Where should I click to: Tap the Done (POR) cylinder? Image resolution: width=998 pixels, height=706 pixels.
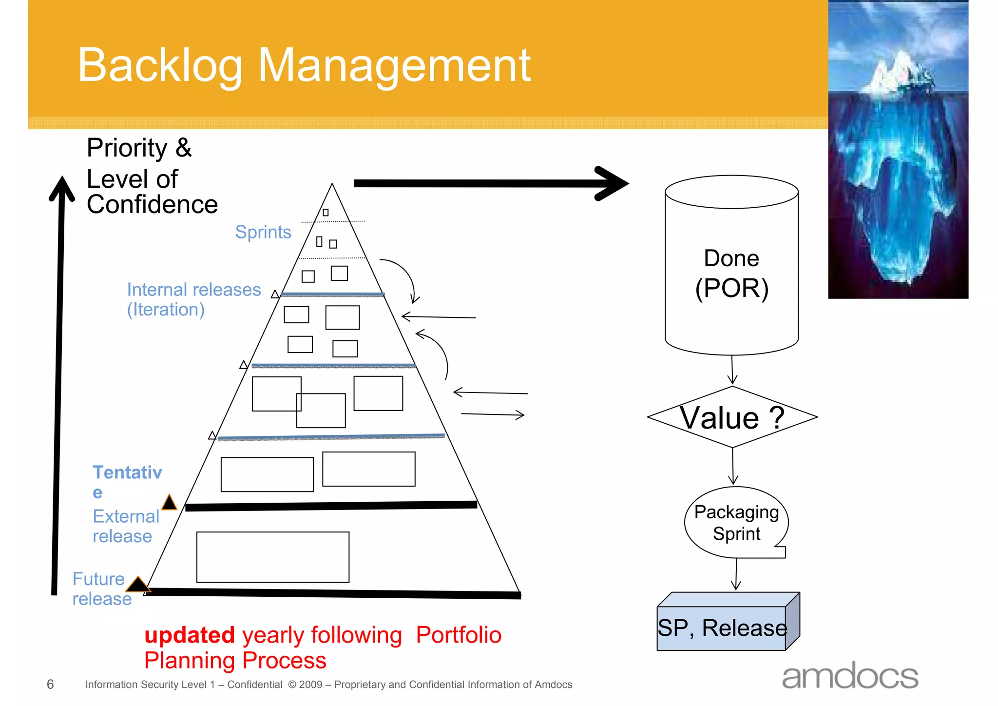pyautogui.click(x=731, y=273)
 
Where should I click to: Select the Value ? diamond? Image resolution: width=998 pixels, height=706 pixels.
pyautogui.click(x=732, y=417)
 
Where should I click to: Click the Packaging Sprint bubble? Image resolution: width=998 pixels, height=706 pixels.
pyautogui.click(x=736, y=523)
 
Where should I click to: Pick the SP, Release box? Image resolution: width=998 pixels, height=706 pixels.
pyautogui.click(x=722, y=627)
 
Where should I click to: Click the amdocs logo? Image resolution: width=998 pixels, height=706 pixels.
pyautogui.click(x=850, y=677)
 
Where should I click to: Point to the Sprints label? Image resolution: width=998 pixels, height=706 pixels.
pyautogui.click(x=263, y=232)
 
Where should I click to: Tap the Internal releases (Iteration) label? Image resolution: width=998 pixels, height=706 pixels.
pyautogui.click(x=193, y=299)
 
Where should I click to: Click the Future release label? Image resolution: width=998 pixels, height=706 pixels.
pyautogui.click(x=101, y=589)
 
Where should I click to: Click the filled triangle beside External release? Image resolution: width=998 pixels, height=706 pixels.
pyautogui.click(x=169, y=502)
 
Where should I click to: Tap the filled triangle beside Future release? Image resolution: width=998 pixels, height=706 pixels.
pyautogui.click(x=138, y=584)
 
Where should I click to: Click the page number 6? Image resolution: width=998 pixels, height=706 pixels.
pyautogui.click(x=50, y=685)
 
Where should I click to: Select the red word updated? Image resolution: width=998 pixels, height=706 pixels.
pyautogui.click(x=190, y=635)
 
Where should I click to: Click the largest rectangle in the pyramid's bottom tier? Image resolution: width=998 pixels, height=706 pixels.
pyautogui.click(x=273, y=557)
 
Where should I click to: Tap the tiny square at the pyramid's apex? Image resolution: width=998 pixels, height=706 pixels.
pyautogui.click(x=326, y=213)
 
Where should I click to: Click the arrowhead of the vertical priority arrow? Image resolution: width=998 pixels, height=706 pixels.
pyautogui.click(x=62, y=188)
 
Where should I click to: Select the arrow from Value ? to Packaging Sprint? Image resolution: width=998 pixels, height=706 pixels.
pyautogui.click(x=733, y=466)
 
